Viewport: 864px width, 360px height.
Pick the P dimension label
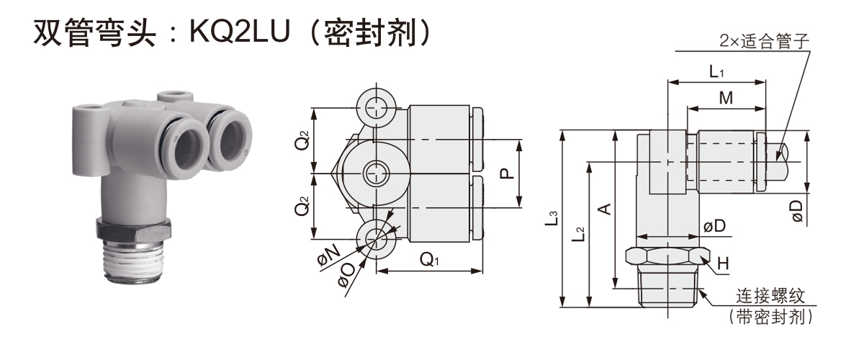point(506,173)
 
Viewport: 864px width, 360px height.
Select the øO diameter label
point(347,276)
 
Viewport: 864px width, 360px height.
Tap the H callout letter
point(722,264)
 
